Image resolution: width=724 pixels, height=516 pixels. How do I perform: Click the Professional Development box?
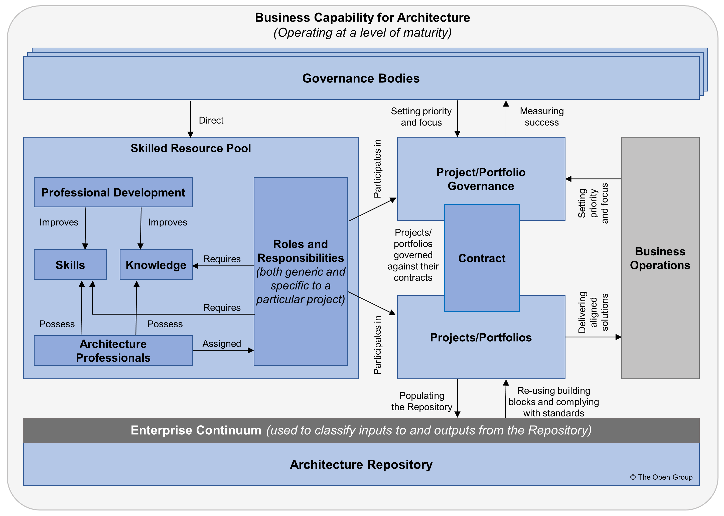113,192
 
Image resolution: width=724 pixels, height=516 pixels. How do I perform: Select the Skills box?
70,265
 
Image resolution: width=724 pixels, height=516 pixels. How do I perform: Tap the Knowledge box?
156,265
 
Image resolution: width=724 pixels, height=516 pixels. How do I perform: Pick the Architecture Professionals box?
113,350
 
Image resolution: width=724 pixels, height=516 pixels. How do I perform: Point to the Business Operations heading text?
660,258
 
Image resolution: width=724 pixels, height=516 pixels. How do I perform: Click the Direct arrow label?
211,121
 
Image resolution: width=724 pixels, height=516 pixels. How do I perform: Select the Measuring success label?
541,117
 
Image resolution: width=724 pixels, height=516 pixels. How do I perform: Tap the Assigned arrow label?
222,344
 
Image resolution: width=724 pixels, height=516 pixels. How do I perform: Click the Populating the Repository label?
421,401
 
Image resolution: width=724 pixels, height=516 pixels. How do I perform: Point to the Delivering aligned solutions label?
593,312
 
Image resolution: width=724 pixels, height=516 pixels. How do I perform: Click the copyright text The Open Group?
661,477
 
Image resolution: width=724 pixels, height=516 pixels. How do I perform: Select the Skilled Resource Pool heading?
191,148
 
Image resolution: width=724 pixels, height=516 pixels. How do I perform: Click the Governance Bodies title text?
361,78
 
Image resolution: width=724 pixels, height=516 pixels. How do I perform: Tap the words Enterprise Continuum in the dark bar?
196,430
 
